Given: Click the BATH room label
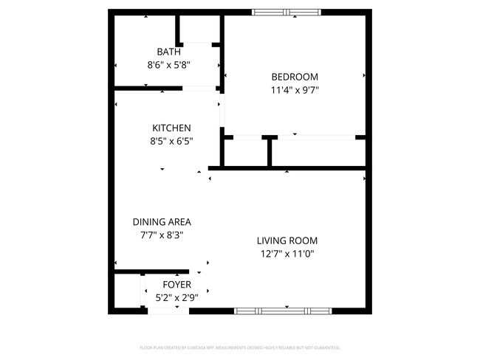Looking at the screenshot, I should point(168,52).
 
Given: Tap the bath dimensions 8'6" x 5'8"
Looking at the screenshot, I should point(168,65).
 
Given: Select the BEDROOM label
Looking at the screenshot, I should point(295,77).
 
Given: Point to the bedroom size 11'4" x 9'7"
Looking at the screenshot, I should point(295,91).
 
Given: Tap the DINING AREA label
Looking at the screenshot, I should point(162,222).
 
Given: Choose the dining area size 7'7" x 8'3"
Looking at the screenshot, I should point(162,235).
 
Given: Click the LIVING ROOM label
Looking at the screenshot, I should point(287,240).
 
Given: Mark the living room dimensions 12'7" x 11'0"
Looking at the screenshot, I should point(287,254).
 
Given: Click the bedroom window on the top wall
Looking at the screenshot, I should point(287,12).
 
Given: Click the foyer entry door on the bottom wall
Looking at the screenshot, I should point(169,311).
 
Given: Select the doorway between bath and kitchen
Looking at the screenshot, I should point(199,89).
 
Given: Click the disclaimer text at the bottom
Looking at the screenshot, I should point(240,347).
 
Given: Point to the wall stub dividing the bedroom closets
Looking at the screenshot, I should point(270,150).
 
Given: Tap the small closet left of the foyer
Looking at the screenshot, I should point(128,291).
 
